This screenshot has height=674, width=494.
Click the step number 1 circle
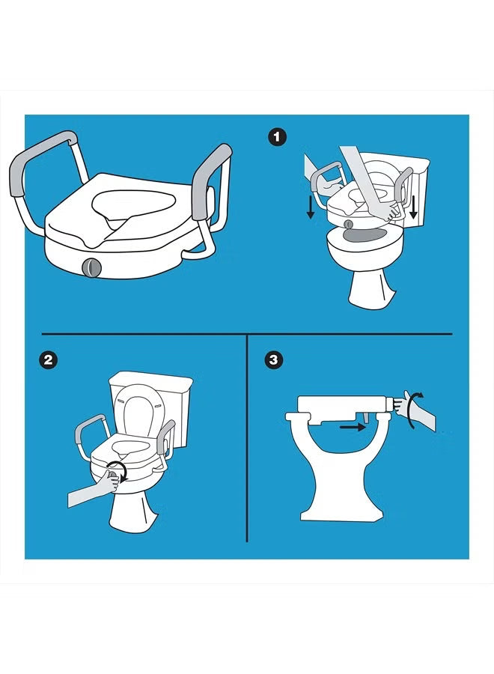[278, 137]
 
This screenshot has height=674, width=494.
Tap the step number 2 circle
[49, 360]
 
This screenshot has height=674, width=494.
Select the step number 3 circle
[275, 360]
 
